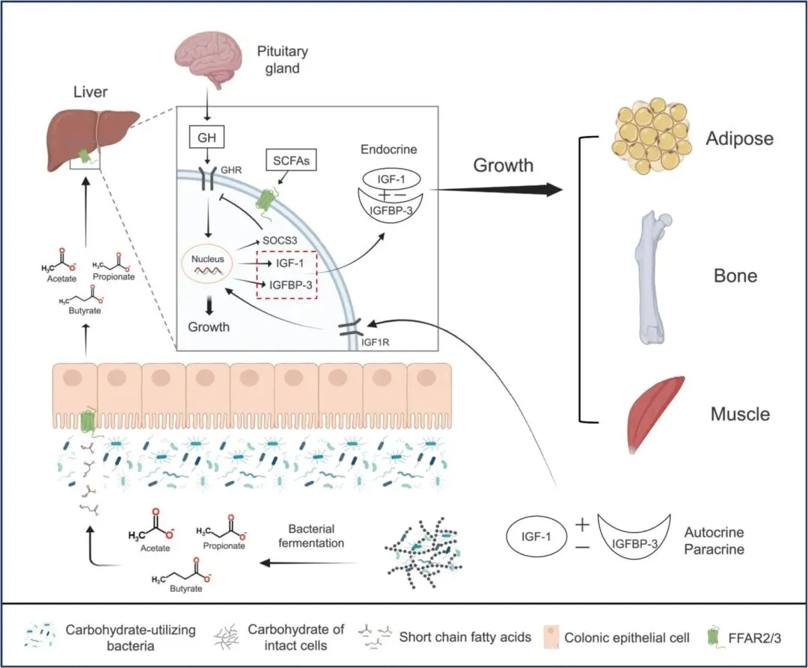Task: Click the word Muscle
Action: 741,413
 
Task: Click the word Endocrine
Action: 388,149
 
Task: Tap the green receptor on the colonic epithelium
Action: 88,421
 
